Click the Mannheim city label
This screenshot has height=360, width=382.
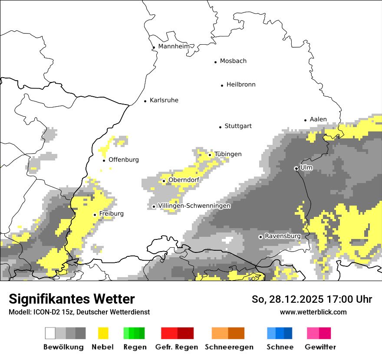tap(174, 46)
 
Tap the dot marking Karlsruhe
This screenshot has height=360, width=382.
tap(145, 101)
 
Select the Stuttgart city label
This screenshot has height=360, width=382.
tap(238, 126)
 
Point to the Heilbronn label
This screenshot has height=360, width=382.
tap(241, 85)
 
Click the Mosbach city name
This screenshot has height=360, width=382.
tap(233, 61)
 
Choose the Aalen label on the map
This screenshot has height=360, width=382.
tap(318, 119)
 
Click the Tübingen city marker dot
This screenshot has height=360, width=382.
tap(210, 155)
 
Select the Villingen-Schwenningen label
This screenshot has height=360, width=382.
tap(194, 206)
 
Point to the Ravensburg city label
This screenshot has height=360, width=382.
tap(283, 236)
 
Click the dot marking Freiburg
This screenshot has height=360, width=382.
tap(95, 215)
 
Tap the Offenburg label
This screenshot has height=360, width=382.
tap(124, 160)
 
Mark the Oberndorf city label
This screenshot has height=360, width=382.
tap(184, 180)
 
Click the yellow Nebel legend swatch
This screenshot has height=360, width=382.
tap(103, 333)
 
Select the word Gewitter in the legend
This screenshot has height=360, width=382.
tap(320, 347)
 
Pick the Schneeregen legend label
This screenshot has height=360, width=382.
tap(229, 347)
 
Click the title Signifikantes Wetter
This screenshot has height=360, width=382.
tap(72, 299)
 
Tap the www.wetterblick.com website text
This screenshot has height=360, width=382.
tap(313, 312)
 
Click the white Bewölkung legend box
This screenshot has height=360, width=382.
tap(50, 333)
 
